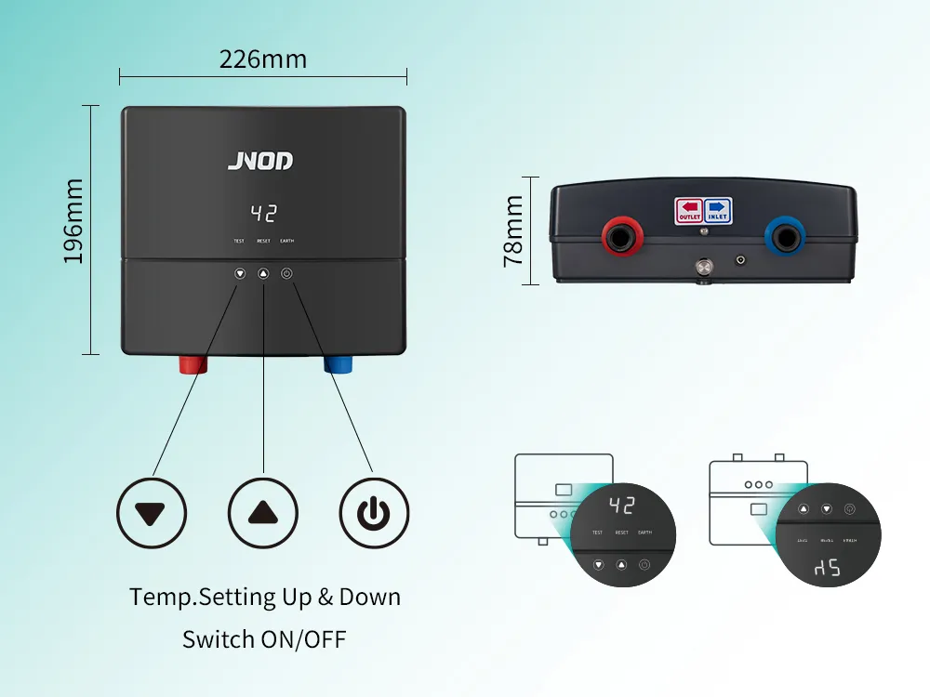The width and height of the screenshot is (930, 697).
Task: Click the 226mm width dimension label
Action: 263,59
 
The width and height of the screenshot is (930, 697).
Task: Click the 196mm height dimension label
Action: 73,221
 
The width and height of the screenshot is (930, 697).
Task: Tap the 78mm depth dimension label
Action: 512,231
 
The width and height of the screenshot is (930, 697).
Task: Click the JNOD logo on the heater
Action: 260,161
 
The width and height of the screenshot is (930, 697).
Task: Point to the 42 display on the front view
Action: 264,213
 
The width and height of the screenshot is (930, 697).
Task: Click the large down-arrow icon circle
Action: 152,512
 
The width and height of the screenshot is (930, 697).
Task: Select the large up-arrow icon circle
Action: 263,512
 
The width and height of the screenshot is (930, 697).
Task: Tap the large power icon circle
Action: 373,512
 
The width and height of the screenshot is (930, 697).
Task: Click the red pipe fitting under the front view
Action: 193,362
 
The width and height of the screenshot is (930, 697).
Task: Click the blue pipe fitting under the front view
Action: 339,362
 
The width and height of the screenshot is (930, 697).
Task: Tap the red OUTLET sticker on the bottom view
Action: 689,210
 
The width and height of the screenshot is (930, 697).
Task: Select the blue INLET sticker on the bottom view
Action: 717,210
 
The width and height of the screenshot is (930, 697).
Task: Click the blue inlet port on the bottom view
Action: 783,237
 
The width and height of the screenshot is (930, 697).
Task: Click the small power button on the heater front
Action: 286,274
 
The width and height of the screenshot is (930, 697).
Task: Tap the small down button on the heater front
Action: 240,274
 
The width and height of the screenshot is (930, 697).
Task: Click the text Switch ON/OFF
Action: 264,639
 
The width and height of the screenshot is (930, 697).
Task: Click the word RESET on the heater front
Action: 263,241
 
